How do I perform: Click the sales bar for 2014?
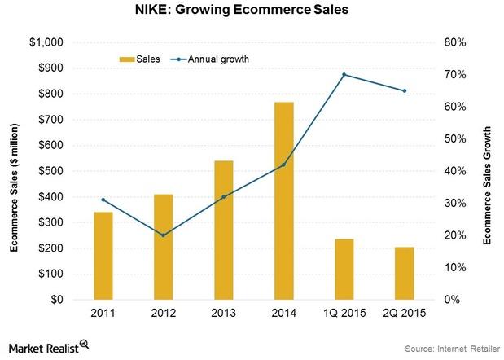coord(283,201)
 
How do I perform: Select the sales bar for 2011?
coord(103,256)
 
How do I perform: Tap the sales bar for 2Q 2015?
coord(404,273)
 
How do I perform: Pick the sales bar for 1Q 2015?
coord(344,269)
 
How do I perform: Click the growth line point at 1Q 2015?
coord(344,74)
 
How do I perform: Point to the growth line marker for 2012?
coord(163,235)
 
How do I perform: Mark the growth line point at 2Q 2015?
coord(404,90)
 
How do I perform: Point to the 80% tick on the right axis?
coord(452,42)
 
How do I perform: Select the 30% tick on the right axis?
coord(452,203)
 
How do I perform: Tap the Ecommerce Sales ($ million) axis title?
coord(14,171)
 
